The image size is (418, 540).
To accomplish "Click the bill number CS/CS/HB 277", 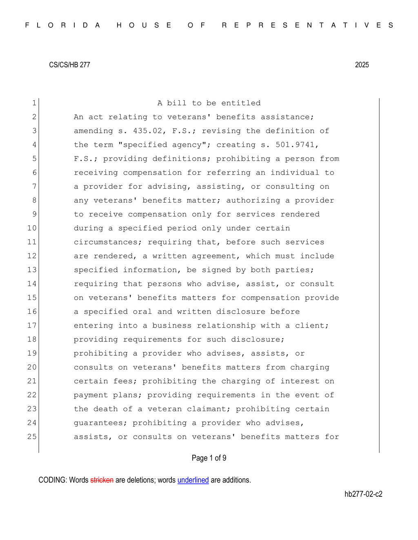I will click(x=69, y=65).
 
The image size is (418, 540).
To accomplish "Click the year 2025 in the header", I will click(x=362, y=65).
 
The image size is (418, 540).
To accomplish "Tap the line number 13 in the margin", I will click(x=32, y=270).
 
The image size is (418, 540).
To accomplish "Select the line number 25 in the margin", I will click(x=32, y=436).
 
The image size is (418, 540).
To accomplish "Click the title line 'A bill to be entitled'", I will click(x=209, y=103).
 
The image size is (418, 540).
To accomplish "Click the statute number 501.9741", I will click(x=297, y=145).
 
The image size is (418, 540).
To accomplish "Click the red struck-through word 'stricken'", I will click(x=102, y=480).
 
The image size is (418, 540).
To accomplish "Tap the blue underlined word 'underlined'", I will click(x=193, y=480).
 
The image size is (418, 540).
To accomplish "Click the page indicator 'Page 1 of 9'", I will click(x=209, y=458).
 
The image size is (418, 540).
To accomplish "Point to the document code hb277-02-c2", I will click(x=363, y=494).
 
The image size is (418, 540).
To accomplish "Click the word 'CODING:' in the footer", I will click(x=53, y=480).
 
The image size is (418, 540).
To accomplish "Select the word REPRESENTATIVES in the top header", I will click(x=308, y=25).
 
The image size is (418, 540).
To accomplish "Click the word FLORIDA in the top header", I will click(x=63, y=25).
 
